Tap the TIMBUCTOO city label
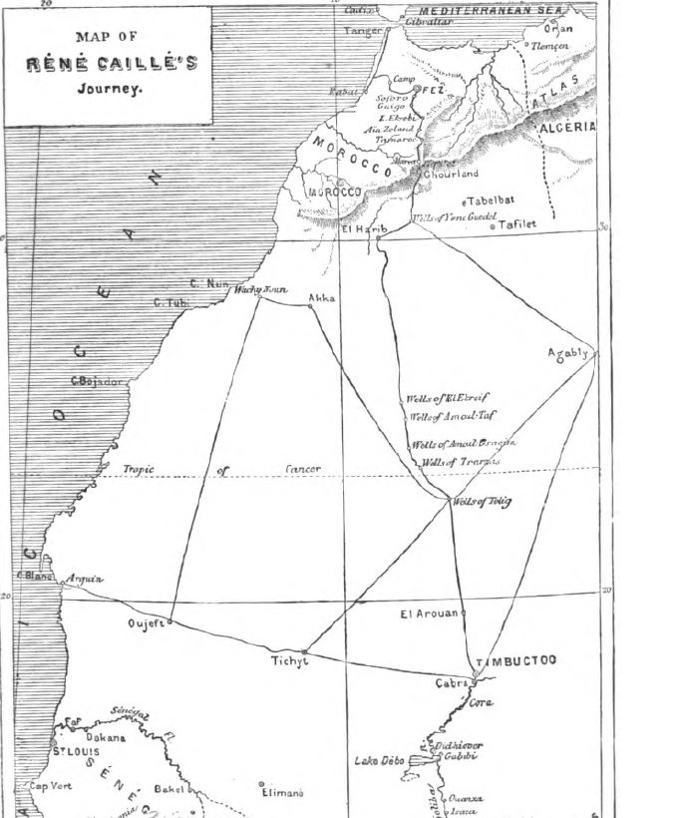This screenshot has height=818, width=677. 515,661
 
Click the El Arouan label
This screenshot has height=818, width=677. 429,613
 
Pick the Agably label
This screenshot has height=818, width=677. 569,352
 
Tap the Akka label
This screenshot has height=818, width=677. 322,298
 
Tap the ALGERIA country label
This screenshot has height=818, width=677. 566,128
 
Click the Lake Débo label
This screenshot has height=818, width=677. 379,761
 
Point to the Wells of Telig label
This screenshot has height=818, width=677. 482,501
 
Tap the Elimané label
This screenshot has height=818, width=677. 285,794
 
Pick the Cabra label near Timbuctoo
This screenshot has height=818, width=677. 451,683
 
